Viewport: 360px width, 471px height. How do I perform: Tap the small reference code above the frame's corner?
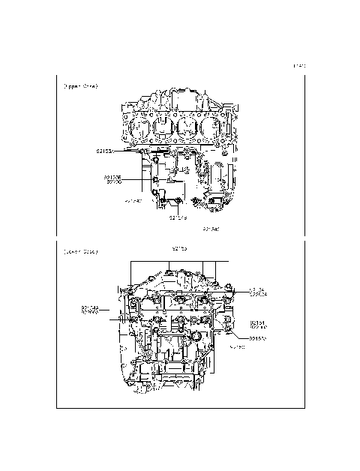[299, 67]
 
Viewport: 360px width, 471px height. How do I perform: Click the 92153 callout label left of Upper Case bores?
[104, 151]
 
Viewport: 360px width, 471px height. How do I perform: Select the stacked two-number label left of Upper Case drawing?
[113, 180]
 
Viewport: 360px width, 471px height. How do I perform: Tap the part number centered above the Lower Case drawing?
[181, 247]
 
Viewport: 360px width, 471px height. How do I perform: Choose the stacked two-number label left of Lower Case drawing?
[90, 309]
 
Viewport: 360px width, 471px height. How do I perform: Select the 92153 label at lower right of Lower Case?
[258, 338]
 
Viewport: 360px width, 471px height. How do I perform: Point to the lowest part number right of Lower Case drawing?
[238, 348]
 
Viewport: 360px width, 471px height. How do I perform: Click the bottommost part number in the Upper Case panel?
[211, 228]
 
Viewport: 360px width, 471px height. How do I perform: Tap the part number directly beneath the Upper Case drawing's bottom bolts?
[177, 218]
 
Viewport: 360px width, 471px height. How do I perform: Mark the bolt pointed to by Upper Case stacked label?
[154, 180]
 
